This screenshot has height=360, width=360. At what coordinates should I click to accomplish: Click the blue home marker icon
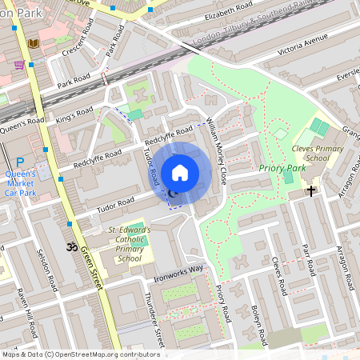coord(180,172)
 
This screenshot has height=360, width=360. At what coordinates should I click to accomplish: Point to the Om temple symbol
coord(69,246)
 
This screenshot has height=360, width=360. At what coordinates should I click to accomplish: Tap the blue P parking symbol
coord(20,162)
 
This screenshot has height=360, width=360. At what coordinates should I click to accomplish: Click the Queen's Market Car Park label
coord(21,183)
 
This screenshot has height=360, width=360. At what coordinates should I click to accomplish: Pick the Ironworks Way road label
coord(179,274)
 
